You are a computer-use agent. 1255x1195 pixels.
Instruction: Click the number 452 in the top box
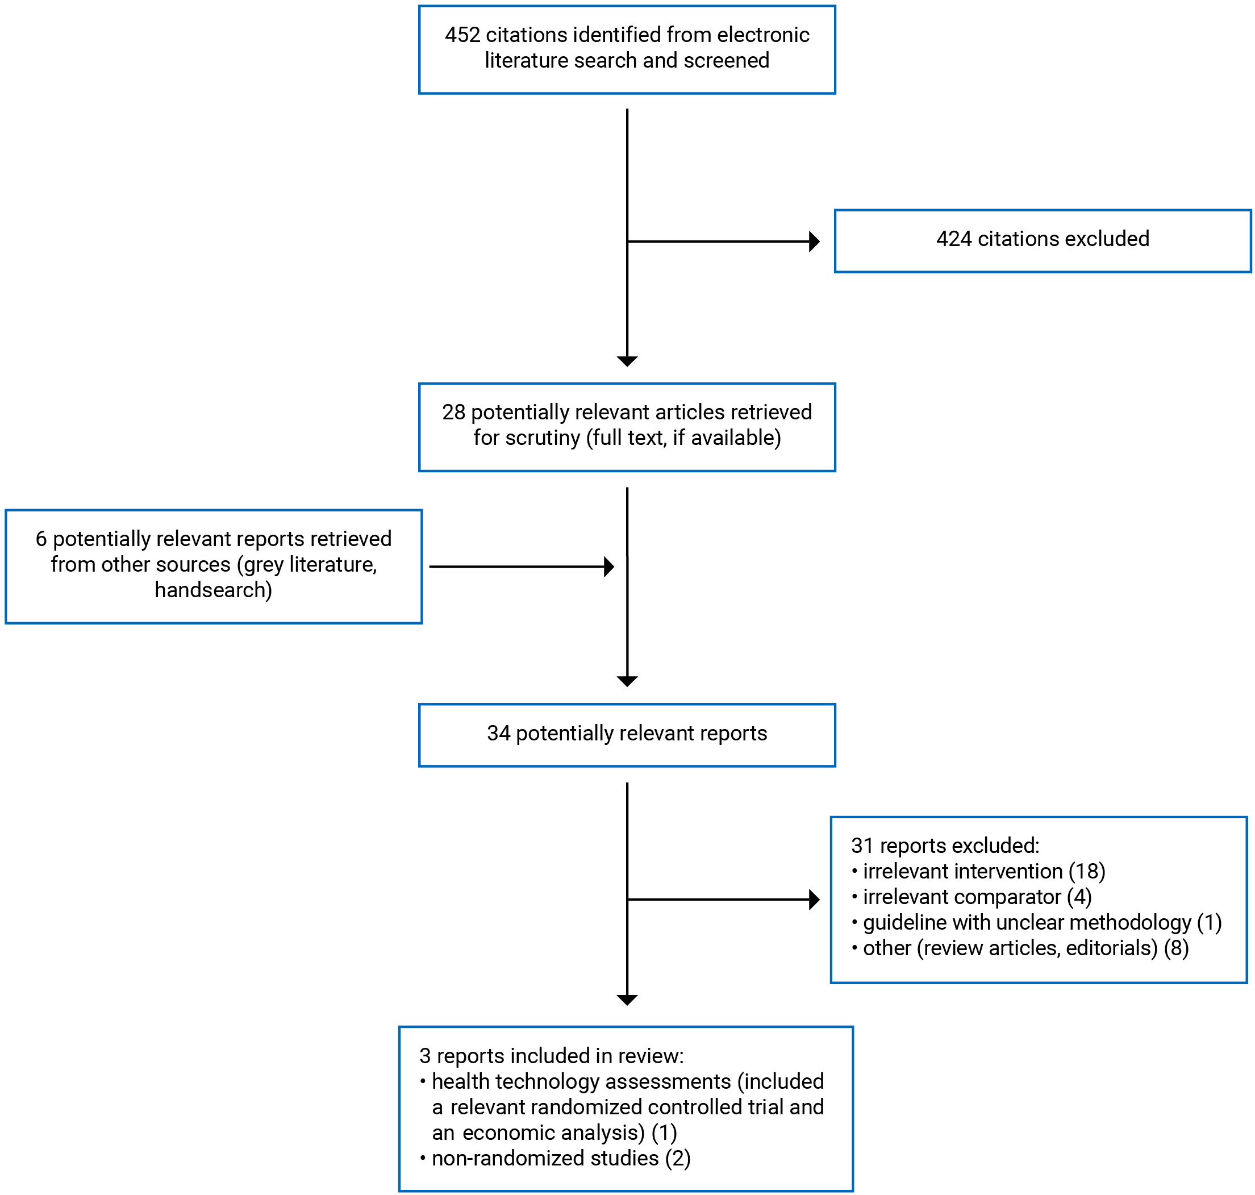click(462, 35)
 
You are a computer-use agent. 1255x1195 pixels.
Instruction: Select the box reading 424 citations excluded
click(1043, 241)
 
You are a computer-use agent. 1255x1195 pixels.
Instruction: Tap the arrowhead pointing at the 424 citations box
click(814, 242)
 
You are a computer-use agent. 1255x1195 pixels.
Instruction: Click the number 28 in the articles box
click(453, 412)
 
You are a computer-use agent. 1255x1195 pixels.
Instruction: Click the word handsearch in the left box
click(212, 590)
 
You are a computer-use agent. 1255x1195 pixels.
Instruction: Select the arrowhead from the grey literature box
click(608, 567)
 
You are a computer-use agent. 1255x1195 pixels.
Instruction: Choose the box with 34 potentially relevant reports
click(627, 735)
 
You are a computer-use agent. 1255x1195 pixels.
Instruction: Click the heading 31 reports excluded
click(945, 846)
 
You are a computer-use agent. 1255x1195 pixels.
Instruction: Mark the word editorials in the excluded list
click(1111, 948)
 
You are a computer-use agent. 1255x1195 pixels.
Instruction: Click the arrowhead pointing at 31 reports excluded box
click(814, 900)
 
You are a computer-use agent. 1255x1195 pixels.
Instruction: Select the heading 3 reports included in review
click(552, 1056)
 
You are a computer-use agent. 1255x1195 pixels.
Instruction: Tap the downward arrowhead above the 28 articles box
click(627, 361)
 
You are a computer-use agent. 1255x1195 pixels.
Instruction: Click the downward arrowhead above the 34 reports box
click(627, 681)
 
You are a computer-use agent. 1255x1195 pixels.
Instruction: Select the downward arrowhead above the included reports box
click(627, 1000)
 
